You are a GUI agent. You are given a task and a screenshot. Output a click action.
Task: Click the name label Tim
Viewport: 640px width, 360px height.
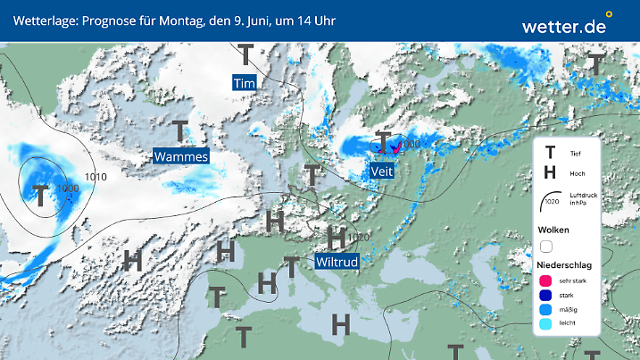point(245,83)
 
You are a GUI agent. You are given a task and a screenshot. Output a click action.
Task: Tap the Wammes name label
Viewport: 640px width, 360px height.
point(181,157)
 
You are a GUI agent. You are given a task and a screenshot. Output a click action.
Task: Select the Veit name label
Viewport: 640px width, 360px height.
point(381,169)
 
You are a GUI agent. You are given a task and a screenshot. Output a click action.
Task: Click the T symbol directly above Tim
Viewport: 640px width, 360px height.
point(244,56)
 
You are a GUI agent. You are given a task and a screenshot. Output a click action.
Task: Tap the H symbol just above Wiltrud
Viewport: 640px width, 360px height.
point(336,238)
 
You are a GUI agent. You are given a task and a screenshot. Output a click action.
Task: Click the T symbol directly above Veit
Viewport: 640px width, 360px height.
point(383,142)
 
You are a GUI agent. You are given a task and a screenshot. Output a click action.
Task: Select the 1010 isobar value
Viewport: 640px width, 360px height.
point(96,177)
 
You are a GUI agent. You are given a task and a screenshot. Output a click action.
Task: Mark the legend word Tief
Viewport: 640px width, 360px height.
point(575,154)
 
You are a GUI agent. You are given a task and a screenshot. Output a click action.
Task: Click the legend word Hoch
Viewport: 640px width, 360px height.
point(577,173)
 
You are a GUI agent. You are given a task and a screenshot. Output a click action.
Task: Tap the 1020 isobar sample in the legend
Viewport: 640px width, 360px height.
point(551,201)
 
